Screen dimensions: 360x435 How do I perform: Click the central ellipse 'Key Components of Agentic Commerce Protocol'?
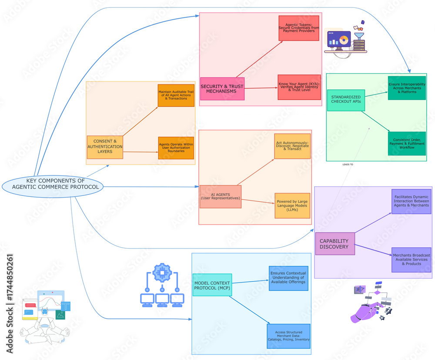click(53, 187)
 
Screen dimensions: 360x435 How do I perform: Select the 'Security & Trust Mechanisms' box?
click(222, 89)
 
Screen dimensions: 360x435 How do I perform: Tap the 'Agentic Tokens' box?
click(299, 28)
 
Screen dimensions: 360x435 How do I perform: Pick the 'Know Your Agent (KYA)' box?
click(299, 87)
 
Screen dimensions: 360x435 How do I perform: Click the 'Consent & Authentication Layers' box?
click(105, 147)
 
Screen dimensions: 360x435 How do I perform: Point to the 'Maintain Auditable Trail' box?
click(176, 95)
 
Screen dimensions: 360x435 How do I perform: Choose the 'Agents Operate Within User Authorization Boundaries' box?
click(176, 148)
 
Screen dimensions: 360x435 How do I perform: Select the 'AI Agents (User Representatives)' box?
click(220, 196)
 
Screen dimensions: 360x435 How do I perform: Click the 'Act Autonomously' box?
click(292, 146)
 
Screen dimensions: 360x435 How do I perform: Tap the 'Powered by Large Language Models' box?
click(292, 205)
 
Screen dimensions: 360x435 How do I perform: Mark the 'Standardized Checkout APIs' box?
click(346, 100)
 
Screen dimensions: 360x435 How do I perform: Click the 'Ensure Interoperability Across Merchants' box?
click(407, 88)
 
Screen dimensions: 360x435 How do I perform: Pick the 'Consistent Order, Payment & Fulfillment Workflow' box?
click(407, 144)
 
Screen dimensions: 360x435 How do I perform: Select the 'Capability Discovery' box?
click(335, 244)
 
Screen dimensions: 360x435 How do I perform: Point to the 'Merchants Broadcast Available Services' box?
click(411, 260)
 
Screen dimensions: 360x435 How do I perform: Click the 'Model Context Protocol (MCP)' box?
click(212, 285)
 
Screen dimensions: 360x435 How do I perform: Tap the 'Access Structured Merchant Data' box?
click(288, 336)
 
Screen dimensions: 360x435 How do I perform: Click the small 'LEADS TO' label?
click(348, 165)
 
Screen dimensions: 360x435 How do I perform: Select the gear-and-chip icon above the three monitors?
click(163, 276)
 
